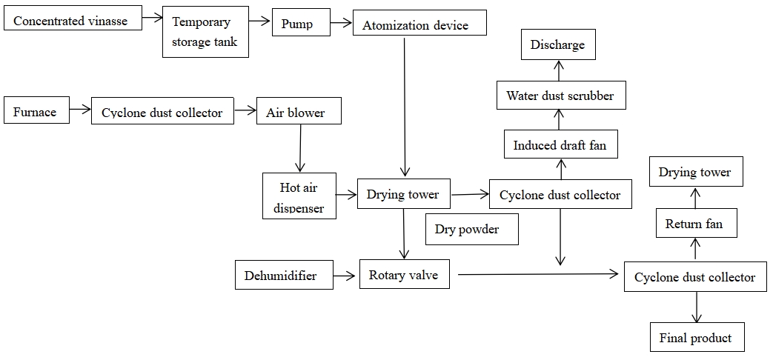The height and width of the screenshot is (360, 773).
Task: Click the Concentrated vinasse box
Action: [71, 19]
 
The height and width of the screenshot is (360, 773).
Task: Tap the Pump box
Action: [296, 23]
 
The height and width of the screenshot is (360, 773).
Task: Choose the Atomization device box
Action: [415, 24]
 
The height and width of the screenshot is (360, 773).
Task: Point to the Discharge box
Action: [557, 45]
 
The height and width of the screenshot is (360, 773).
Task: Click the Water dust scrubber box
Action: [560, 96]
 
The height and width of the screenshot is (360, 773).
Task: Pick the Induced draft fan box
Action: [560, 144]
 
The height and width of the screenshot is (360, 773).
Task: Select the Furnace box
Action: [35, 112]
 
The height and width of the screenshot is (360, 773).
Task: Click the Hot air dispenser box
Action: [299, 196]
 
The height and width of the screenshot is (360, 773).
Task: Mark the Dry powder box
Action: [467, 229]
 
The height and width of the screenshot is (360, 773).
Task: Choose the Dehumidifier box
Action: [280, 275]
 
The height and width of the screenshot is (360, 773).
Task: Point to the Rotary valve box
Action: [404, 275]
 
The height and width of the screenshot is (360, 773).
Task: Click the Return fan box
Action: [694, 223]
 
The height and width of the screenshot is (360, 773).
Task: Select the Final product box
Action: [695, 338]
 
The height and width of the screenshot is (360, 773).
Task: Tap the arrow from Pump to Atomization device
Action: [341, 23]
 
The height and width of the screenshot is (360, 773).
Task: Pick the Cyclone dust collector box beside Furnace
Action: [162, 113]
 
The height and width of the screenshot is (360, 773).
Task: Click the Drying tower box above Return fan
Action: [695, 172]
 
